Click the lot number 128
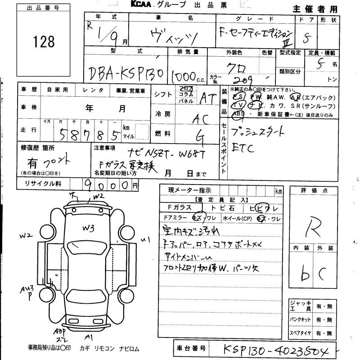tap(44, 41)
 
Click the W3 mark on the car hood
tap(88, 228)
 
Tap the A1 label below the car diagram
tap(89, 337)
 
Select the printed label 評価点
tap(313, 190)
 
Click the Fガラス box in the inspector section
tap(180, 207)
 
